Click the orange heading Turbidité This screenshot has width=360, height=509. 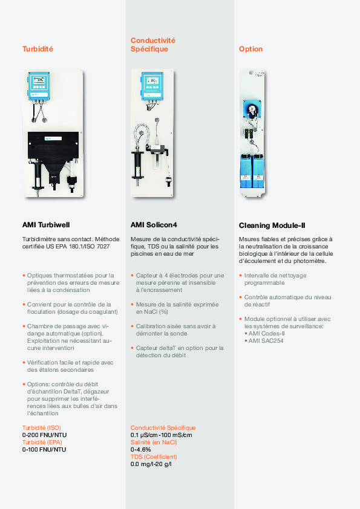point(38,49)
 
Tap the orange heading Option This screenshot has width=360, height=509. point(250,49)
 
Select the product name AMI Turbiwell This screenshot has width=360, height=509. point(46,225)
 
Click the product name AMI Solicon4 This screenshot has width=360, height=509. point(154,225)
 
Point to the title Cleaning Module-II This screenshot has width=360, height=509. point(272,225)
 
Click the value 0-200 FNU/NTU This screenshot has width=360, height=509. point(44,435)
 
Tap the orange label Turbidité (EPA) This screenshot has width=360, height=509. point(42,443)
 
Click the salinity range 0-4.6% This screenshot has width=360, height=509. point(141,450)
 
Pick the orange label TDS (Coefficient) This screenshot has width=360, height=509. point(154,457)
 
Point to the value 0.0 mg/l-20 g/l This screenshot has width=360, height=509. point(151,464)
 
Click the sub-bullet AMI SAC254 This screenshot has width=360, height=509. point(266,341)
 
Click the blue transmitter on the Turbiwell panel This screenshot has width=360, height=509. point(39,86)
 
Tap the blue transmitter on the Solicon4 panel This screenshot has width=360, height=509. point(152,86)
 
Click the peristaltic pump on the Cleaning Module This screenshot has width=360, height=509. point(252,111)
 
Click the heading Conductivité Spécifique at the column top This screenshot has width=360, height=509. point(152,45)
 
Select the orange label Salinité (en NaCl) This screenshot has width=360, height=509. point(154,443)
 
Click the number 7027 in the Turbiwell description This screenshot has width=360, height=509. point(103,247)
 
